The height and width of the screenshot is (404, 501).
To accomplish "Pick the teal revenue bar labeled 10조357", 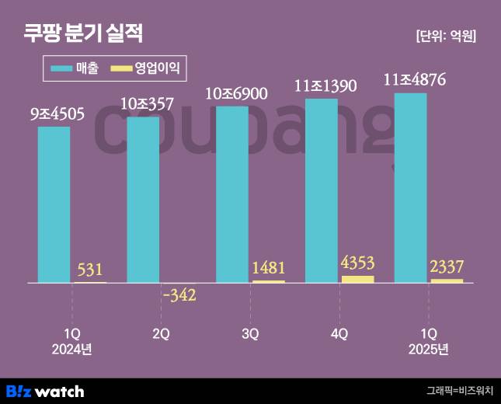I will tap(143, 199).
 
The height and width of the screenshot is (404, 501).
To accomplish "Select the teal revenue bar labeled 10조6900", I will tap(232, 193).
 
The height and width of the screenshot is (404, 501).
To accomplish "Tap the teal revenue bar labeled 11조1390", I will tap(322, 190).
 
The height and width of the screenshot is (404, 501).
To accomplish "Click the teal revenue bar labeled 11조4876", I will tap(411, 187).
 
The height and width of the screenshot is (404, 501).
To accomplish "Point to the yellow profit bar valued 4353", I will tap(357, 278).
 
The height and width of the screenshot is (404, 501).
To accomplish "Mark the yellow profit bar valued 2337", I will tap(447, 280).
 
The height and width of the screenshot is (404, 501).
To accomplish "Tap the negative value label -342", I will tap(179, 295).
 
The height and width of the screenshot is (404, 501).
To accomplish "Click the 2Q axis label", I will tap(161, 334).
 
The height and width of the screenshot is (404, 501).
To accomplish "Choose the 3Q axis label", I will tap(250, 334).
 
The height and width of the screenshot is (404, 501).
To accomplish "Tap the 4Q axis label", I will tap(339, 334).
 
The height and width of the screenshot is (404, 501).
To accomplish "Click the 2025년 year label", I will tap(429, 350).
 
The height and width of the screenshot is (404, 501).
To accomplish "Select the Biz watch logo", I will tap(45, 391).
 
